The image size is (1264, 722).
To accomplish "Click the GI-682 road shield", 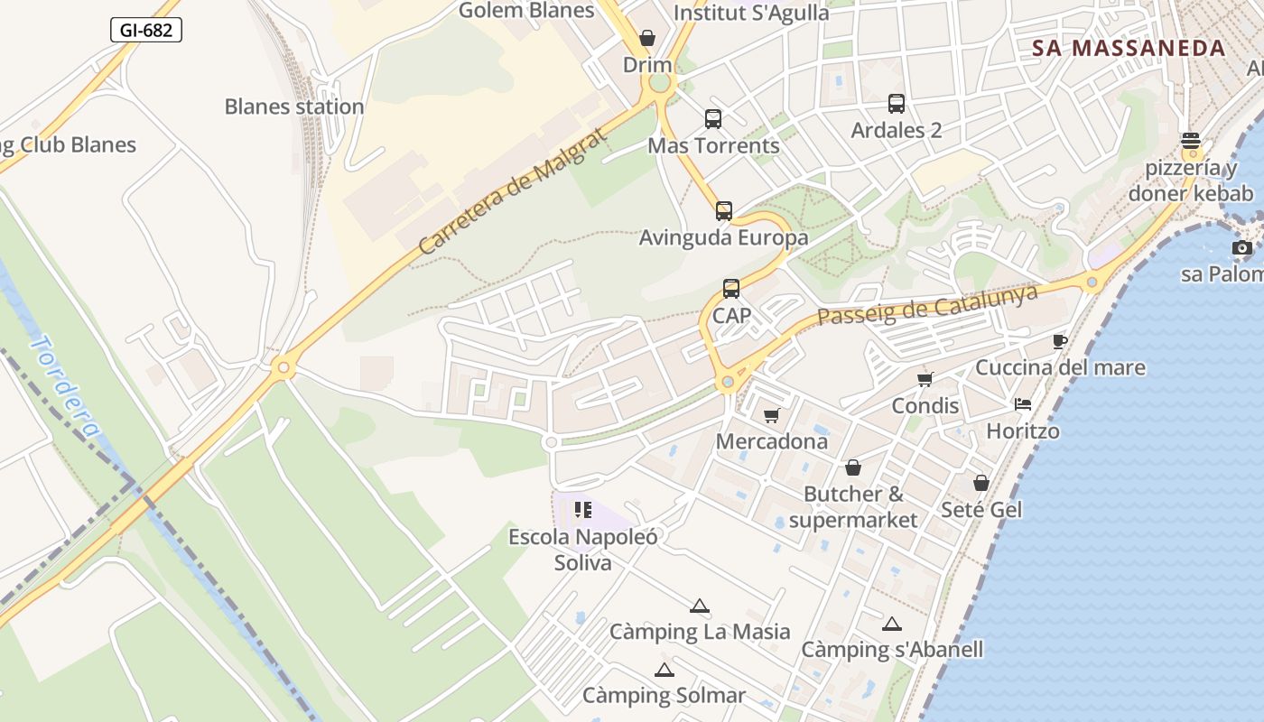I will click(146, 30).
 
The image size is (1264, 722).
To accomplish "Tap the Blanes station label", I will click(294, 106).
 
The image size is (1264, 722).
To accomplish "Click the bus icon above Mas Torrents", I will click(713, 118).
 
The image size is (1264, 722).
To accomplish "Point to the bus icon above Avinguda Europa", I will click(724, 211).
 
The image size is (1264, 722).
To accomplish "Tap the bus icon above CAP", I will click(731, 289).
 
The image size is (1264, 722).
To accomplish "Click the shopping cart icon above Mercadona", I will click(771, 415).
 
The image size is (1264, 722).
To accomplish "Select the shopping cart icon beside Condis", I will click(925, 379).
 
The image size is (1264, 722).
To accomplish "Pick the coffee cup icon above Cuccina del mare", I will click(1060, 341).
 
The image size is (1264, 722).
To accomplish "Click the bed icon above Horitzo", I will click(1022, 404).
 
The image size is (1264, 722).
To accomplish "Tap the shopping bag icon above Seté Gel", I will click(981, 483).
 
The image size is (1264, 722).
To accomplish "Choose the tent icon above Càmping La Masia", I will click(699, 606).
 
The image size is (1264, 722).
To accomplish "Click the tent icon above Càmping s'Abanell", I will click(892, 624).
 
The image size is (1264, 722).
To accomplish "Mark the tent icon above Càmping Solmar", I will click(665, 670).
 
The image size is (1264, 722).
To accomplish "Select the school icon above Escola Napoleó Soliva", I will click(583, 510).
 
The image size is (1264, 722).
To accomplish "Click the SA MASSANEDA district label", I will click(1129, 49).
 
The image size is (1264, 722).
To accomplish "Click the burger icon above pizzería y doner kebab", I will click(1191, 141).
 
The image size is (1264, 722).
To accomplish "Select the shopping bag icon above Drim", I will click(647, 38).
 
